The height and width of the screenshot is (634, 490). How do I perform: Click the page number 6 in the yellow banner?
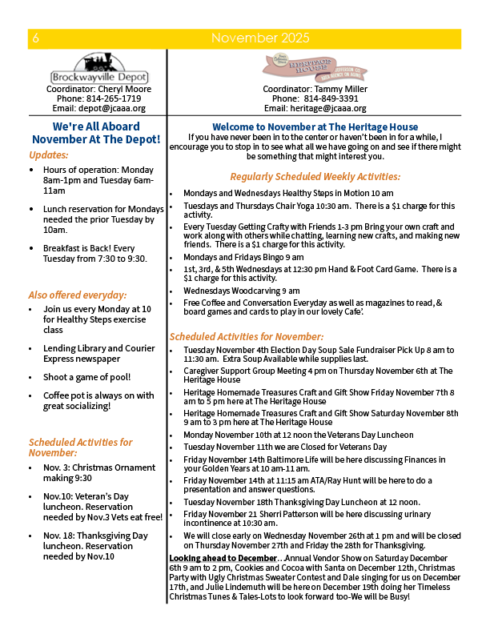(x=36, y=38)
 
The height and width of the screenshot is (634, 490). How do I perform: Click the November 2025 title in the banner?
(x=259, y=38)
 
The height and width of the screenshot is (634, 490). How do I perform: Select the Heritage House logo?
(x=315, y=67)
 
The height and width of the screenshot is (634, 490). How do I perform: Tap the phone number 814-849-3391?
(x=331, y=98)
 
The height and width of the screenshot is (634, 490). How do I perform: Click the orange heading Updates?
(x=49, y=154)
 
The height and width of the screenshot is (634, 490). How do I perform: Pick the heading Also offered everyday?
(x=78, y=295)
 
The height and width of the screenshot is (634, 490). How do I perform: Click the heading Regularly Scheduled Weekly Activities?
(x=315, y=177)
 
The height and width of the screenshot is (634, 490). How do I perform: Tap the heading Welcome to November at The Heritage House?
(x=315, y=126)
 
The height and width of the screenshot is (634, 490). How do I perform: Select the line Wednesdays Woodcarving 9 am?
(x=241, y=291)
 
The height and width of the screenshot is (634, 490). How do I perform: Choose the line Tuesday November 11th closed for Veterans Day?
(x=284, y=446)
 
